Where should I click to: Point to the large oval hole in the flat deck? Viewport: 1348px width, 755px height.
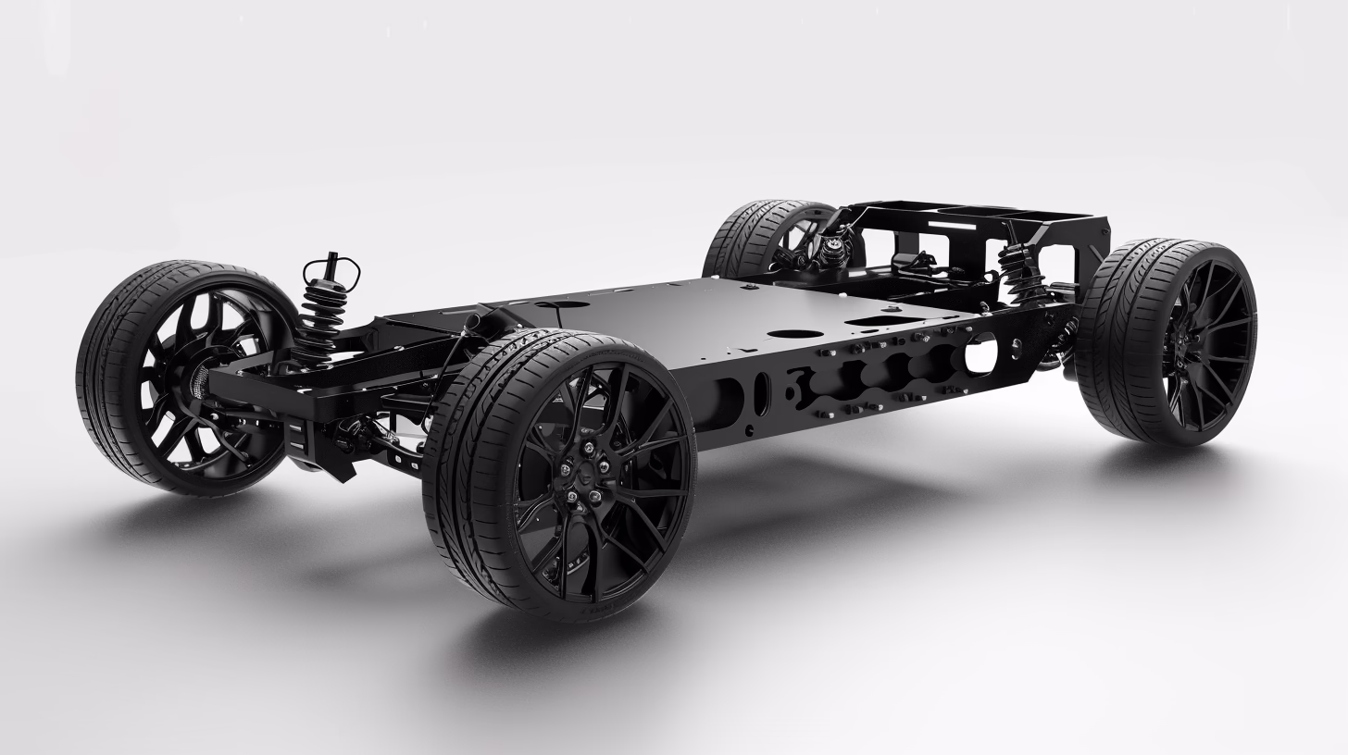point(795,333)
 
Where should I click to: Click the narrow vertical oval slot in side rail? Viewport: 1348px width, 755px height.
point(761,392)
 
